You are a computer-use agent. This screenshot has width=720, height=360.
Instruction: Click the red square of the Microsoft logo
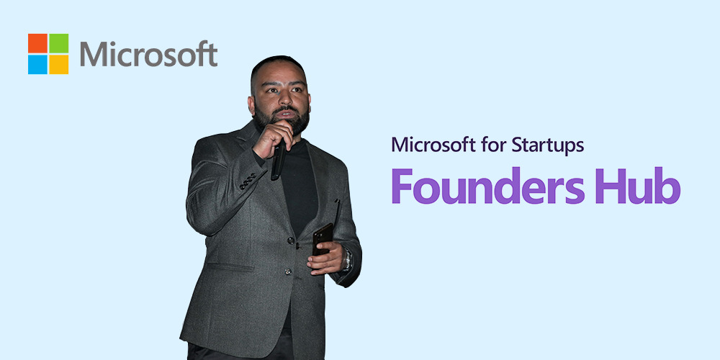[x=37, y=43]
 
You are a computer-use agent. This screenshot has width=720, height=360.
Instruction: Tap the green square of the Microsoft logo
[x=59, y=43]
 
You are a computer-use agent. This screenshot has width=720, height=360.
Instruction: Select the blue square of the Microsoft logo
[x=37, y=64]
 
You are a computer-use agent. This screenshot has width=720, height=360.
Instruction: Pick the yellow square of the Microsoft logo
[x=59, y=64]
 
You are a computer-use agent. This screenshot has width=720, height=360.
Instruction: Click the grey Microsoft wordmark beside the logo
[x=149, y=54]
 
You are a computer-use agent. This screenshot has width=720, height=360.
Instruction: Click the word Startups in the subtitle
[x=547, y=145]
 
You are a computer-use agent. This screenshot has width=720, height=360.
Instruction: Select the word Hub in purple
[x=639, y=186]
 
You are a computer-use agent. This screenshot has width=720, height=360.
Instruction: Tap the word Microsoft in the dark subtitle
[x=433, y=145]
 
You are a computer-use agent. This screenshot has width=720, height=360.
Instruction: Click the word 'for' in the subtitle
[x=493, y=145]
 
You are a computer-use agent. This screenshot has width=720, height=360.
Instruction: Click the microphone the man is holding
[x=278, y=159]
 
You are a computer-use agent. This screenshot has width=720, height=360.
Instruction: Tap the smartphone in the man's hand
[x=323, y=239]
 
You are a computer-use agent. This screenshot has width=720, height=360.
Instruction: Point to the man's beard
[x=281, y=120]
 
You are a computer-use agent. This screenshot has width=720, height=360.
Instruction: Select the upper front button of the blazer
[x=290, y=240]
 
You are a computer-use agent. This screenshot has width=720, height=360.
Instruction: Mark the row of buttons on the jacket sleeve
[x=248, y=181]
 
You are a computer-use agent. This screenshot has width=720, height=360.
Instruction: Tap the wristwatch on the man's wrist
[x=347, y=260]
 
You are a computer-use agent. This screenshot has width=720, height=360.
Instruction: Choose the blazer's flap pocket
[x=230, y=267]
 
